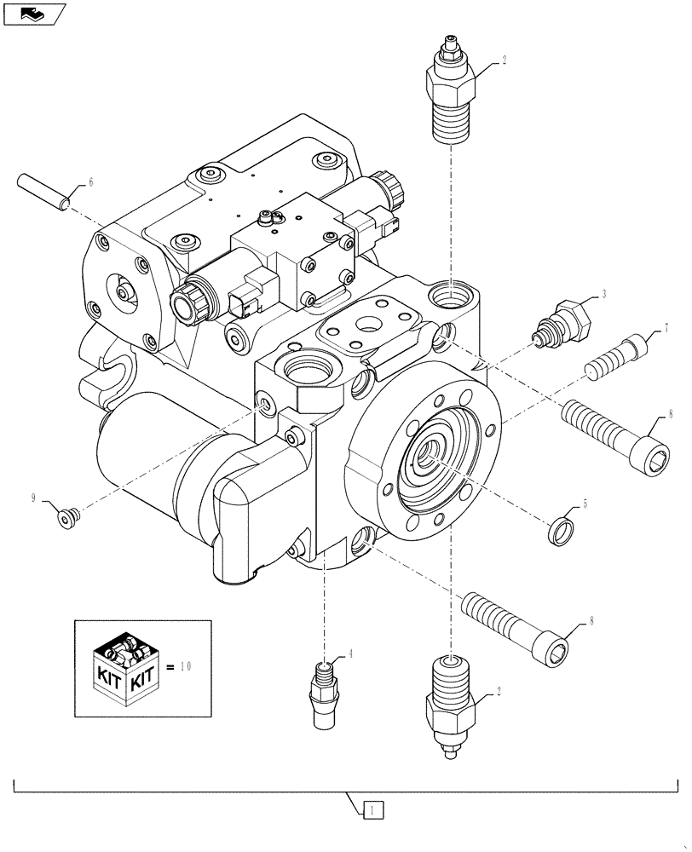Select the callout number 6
coord(90,183)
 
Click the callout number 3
coord(603,294)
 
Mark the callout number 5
coord(585,503)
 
